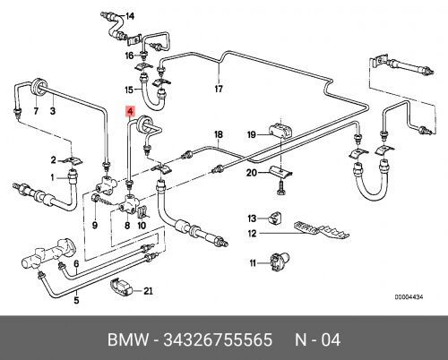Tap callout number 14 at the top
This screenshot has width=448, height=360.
129,16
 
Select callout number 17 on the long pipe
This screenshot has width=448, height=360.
217,89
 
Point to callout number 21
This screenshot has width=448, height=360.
149,290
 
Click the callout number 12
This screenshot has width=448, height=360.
254,235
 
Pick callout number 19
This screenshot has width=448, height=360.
252,134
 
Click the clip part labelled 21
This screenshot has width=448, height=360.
121,288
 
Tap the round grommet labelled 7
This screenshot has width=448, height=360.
36,89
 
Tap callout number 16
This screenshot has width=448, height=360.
129,56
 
